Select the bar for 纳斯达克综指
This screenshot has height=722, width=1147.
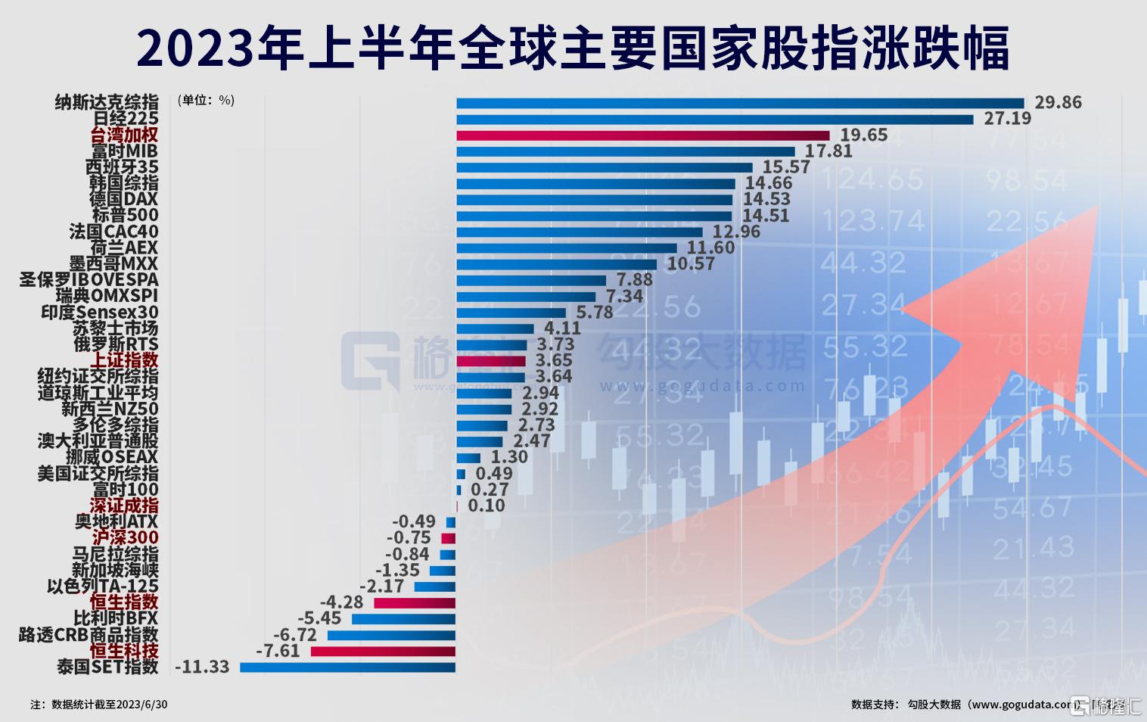(x=739, y=103)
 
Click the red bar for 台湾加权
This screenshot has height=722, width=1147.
(x=643, y=135)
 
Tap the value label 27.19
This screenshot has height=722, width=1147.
(x=1007, y=119)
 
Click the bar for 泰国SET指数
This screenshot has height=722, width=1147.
(x=347, y=668)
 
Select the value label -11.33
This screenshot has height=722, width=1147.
(x=201, y=668)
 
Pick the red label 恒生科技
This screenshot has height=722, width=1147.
(x=124, y=651)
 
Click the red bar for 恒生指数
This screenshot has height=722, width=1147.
(x=415, y=603)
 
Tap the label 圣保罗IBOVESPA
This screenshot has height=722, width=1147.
(x=89, y=280)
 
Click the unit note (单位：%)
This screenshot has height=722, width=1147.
(x=205, y=101)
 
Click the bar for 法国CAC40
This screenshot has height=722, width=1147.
(x=579, y=232)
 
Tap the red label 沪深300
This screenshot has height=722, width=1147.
(x=125, y=538)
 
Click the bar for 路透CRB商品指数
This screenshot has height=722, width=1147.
(x=391, y=635)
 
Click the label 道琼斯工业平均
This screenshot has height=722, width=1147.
(x=98, y=393)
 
